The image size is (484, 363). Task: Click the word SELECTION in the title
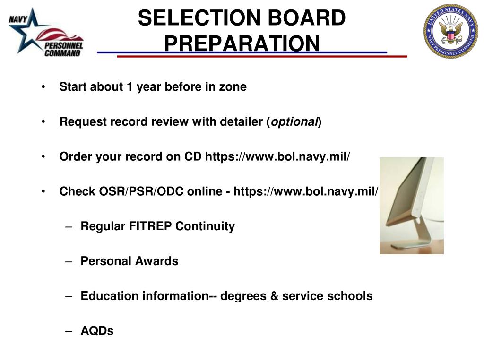[199, 18]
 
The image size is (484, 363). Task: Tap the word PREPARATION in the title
[242, 43]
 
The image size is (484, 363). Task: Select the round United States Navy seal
[450, 31]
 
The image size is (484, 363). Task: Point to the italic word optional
[294, 122]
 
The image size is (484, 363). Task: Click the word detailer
[242, 122]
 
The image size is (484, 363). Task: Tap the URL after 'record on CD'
[277, 156]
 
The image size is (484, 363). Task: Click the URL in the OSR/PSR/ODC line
[306, 191]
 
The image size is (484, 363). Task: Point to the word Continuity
[205, 226]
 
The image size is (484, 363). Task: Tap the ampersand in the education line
[274, 296]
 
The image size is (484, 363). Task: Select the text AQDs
[97, 331]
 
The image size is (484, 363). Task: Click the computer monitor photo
[411, 206]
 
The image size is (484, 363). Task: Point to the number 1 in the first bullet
[129, 87]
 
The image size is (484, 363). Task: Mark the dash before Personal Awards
[69, 261]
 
